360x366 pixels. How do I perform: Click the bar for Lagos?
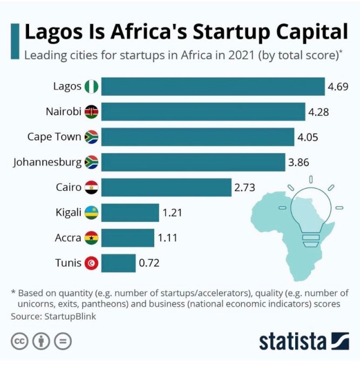(x=213, y=86)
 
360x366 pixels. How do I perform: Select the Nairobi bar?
(x=203, y=112)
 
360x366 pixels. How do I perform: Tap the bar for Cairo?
(x=166, y=188)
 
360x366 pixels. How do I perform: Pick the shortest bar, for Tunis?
(x=118, y=263)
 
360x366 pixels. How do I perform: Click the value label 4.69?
(x=339, y=86)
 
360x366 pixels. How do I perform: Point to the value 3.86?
(x=298, y=162)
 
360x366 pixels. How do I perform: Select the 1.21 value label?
(x=172, y=213)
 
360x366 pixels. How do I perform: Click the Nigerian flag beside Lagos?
(x=91, y=86)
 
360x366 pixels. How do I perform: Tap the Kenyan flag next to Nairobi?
(x=91, y=112)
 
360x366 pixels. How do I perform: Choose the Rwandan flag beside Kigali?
(x=91, y=213)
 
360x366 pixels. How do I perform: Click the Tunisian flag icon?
(x=91, y=263)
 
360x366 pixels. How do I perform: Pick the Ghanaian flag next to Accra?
(x=91, y=238)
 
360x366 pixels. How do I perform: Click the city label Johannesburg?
(x=47, y=162)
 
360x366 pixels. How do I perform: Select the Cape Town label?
(x=54, y=136)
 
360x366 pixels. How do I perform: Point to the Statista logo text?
(x=292, y=341)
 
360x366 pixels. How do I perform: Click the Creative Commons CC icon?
(x=19, y=342)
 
